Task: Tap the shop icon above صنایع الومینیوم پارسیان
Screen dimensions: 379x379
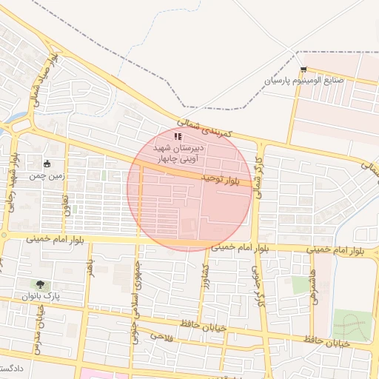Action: (303, 69)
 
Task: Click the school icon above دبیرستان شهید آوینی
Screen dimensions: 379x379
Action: (177, 136)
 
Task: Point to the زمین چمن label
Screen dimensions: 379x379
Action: (47, 176)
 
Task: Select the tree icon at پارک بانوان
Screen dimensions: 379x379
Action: (38, 284)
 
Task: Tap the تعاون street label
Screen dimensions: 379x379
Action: (65, 204)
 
